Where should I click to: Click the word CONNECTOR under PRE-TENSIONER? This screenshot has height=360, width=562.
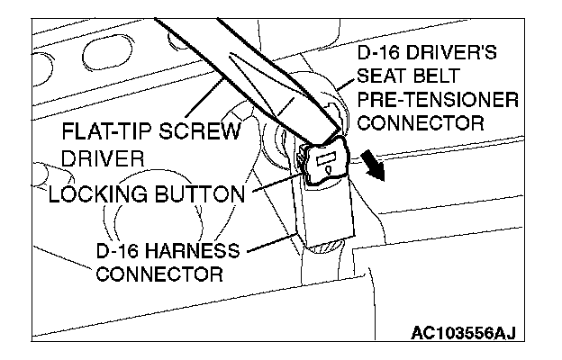click(418, 120)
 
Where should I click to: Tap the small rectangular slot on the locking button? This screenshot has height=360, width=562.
click(325, 163)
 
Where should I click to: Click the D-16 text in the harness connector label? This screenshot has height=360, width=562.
click(119, 248)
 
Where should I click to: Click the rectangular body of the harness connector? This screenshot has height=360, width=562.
click(327, 217)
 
